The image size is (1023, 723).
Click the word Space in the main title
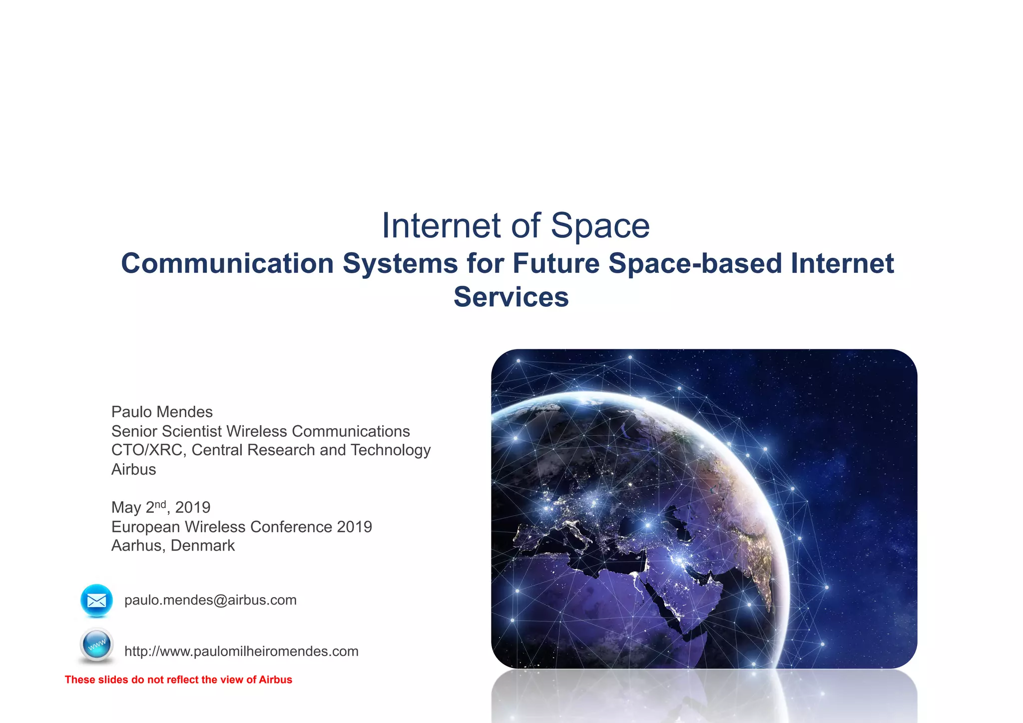[600, 226]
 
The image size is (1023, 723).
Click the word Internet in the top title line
[441, 226]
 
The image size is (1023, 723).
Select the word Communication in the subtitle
[227, 263]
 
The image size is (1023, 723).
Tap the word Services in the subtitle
[511, 297]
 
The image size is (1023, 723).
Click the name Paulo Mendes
[162, 412]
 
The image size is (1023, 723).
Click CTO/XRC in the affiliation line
[148, 450]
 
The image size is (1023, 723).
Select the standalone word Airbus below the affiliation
[133, 470]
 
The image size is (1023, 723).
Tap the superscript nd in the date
[160, 504]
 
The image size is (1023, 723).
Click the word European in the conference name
[145, 527]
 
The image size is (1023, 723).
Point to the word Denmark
[202, 546]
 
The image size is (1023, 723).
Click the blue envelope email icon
[96, 600]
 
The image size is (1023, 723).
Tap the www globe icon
[96, 645]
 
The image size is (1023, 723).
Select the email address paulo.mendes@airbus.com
[210, 600]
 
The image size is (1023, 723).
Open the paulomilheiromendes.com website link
[241, 652]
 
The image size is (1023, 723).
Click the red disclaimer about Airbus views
[178, 680]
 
